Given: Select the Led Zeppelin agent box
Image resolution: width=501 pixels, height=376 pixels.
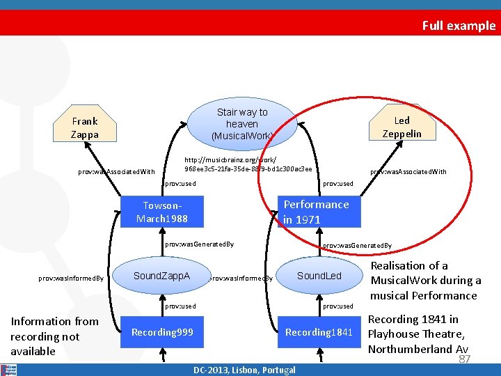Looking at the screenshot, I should coord(401,126).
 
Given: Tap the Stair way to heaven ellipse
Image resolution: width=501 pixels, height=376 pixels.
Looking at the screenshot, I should coord(241,123).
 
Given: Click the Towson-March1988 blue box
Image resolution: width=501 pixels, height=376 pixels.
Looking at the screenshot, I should coord(161,212).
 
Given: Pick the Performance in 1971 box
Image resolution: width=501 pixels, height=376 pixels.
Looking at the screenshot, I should coord(316,212).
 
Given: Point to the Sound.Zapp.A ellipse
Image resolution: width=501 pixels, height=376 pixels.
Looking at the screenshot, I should coord(161,276).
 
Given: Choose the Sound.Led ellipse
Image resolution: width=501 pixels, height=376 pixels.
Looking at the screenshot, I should coord(319,276).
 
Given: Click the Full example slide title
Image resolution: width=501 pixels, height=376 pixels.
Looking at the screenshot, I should coord(459,26).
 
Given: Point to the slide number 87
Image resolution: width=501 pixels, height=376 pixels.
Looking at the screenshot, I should coord(465,359).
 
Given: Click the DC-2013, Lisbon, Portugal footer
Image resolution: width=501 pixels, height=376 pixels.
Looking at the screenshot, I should coord(244,370).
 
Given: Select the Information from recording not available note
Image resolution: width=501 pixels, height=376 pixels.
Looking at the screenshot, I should coord(54,336).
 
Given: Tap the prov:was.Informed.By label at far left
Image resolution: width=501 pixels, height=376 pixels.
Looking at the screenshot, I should coord(71,279).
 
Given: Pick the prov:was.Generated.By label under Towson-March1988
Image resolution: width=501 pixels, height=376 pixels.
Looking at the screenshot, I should coord(199,244).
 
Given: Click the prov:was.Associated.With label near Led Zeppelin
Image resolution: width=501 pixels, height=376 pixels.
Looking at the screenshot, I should coord(408,172).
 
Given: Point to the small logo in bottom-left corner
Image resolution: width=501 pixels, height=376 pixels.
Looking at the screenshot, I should coord(8,369).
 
